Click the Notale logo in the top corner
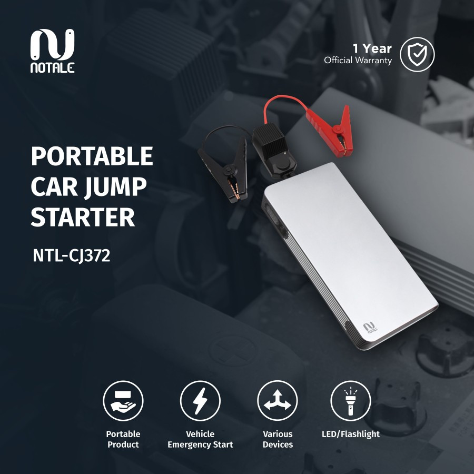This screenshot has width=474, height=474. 52,51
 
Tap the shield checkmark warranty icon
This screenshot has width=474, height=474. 417,54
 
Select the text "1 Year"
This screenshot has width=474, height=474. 372,48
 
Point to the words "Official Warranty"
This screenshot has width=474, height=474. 358,61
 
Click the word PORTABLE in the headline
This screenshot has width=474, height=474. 92,157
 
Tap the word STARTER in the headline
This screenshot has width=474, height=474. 83,217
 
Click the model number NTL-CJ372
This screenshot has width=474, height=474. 71,256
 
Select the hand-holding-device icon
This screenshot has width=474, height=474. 123,400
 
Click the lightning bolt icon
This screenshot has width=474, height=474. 200,400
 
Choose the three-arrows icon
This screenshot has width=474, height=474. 277,400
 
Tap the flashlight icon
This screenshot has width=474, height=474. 350,400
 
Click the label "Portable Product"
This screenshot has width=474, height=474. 123,439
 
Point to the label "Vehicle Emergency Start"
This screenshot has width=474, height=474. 200,439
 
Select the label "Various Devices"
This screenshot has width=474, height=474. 278,439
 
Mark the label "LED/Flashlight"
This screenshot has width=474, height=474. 350,434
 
